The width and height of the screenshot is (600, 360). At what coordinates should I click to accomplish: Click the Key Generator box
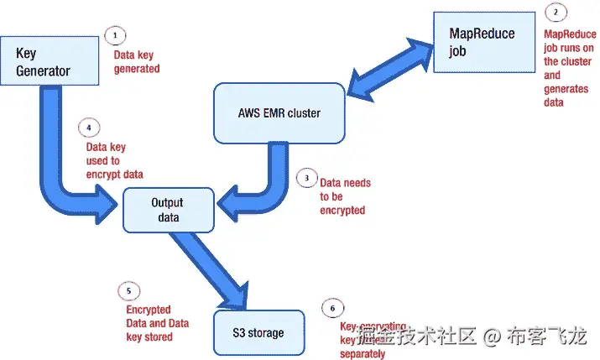tap(43, 61)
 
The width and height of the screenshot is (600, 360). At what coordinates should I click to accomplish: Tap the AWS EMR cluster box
tap(279, 112)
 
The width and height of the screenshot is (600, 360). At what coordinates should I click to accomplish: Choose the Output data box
tap(166, 210)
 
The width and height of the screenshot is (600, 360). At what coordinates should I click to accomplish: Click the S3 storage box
tap(258, 332)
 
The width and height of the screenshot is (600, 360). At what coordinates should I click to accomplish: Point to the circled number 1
tap(115, 36)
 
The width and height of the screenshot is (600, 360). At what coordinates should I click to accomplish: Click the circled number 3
tap(307, 179)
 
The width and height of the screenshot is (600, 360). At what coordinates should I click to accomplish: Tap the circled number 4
tap(89, 128)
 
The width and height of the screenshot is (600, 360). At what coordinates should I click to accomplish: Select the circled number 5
tap(128, 290)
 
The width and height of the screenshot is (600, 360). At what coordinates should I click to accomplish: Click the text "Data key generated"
tap(136, 63)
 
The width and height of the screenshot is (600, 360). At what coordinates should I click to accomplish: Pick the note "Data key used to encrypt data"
tap(115, 160)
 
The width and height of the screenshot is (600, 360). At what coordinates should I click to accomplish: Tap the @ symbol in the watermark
tap(492, 337)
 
